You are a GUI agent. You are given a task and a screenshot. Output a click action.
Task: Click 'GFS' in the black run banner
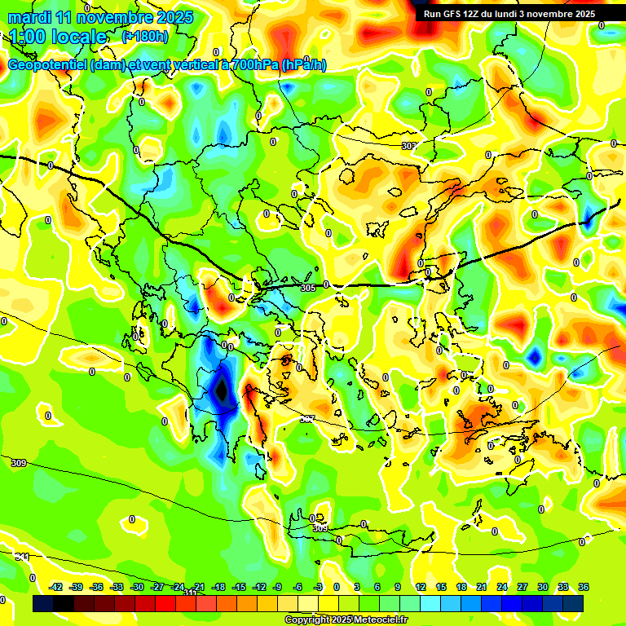pyautogui.click(x=457, y=14)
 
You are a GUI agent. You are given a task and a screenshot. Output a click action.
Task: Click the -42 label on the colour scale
pyautogui.click(x=55, y=587)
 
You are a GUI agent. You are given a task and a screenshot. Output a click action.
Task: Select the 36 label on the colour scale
pyautogui.click(x=583, y=587)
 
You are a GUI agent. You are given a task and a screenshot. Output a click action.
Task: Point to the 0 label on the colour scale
pyautogui.click(x=337, y=587)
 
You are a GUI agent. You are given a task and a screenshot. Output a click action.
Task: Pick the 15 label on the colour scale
pyautogui.click(x=440, y=587)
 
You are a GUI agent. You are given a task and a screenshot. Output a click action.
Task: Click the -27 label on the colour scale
pyautogui.click(x=157, y=587)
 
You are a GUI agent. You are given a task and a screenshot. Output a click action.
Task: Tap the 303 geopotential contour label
pyautogui.click(x=408, y=146)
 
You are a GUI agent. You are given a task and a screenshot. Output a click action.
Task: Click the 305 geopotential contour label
pyautogui.click(x=307, y=288)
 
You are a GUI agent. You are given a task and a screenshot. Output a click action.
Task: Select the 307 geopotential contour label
pyautogui.click(x=307, y=419)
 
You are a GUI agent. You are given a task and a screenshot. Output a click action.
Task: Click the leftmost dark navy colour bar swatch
pyautogui.click(x=43, y=604)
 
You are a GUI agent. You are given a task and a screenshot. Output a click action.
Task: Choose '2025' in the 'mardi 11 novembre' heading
pyautogui.click(x=174, y=17)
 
